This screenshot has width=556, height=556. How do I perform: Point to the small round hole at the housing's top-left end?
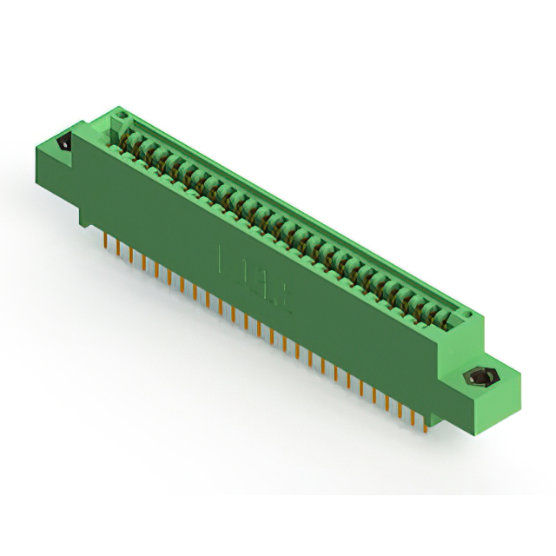pyautogui.click(x=122, y=115)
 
